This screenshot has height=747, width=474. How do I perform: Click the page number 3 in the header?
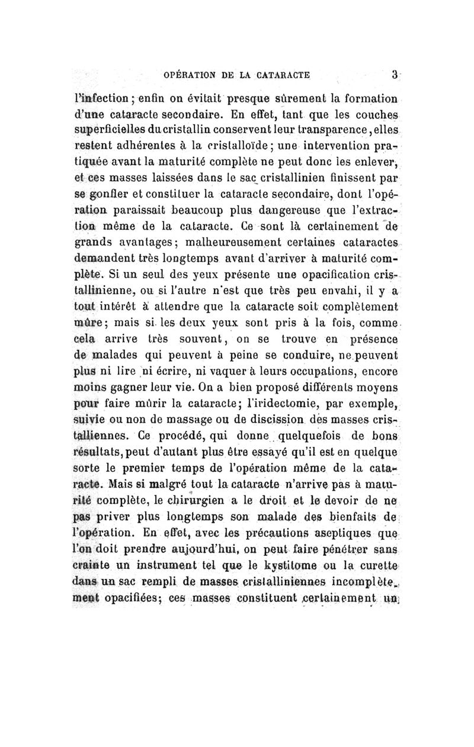click(x=393, y=75)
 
